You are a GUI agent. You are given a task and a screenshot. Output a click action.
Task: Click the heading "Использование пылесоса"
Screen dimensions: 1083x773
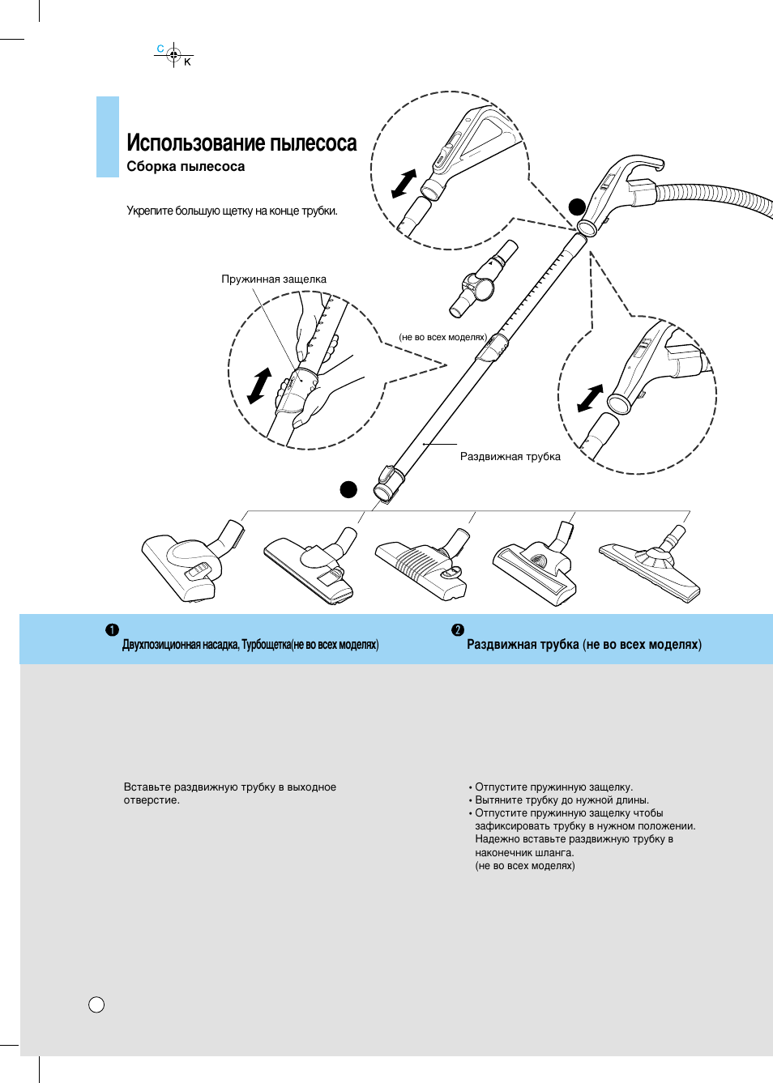[241, 143]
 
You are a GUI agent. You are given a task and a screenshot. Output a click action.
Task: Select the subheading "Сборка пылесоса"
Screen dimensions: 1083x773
[186, 167]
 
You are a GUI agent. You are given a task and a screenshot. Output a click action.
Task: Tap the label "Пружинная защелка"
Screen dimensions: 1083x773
[274, 279]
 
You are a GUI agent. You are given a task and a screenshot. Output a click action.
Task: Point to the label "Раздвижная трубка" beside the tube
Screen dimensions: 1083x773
[510, 457]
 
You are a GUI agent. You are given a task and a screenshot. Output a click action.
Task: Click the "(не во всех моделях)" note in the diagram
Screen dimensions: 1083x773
[442, 337]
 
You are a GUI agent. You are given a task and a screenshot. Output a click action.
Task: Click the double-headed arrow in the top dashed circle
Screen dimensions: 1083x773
[404, 183]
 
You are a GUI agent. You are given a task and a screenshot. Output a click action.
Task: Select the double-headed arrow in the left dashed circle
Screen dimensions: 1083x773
[259, 385]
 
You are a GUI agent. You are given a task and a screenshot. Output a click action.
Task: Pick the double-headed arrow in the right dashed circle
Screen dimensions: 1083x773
[590, 398]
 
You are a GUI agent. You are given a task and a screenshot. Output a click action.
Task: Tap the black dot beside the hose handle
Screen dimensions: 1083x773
[577, 207]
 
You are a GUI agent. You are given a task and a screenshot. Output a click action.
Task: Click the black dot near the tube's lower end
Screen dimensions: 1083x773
[348, 489]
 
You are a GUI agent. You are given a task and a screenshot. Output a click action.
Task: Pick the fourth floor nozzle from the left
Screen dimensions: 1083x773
[536, 565]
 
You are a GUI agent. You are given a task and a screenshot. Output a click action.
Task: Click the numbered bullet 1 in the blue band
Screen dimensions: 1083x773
[112, 630]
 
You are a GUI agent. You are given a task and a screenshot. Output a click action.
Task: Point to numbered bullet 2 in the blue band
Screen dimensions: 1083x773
[458, 630]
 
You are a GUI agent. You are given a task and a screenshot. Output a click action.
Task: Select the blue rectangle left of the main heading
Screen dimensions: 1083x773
[108, 137]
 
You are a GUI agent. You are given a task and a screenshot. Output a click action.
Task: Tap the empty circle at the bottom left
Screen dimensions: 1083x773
[96, 1004]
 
